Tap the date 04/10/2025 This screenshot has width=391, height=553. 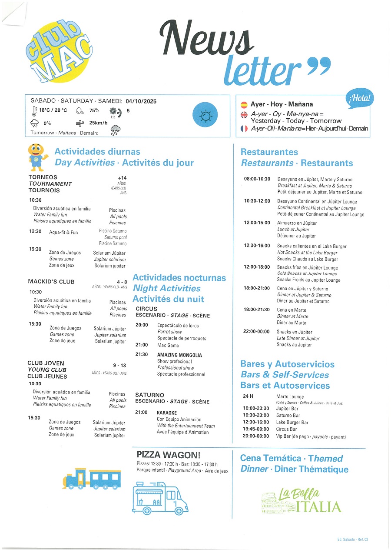(141, 101)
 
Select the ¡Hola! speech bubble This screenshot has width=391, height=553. (360, 99)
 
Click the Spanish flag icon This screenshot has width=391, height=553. (244, 104)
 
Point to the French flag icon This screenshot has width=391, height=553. (244, 129)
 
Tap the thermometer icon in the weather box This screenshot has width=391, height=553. (34, 111)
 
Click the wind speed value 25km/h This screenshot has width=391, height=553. (98, 123)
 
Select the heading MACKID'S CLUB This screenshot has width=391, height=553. (51, 282)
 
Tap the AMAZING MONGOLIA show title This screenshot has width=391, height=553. (179, 355)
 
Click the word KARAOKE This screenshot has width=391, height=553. (167, 413)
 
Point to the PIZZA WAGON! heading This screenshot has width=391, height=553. (169, 455)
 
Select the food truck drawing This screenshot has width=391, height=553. (160, 497)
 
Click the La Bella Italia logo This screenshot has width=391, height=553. (302, 501)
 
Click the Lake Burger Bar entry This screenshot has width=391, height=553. (292, 422)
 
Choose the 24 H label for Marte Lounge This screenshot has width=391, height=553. (248, 396)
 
